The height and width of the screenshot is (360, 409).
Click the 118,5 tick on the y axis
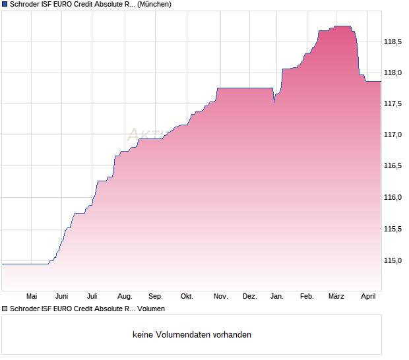[393, 42]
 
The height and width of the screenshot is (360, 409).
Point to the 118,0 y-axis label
[393, 73]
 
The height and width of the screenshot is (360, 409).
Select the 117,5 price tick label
[393, 104]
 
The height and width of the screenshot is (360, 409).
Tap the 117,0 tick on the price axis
[393, 135]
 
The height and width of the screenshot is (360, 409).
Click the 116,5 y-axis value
[393, 166]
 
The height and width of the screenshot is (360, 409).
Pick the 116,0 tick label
[393, 198]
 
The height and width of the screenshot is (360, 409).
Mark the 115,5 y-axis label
[393, 229]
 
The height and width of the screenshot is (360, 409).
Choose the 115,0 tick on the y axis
[393, 260]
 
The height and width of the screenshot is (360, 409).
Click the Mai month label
[31, 297]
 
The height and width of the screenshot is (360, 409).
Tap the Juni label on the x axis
[62, 297]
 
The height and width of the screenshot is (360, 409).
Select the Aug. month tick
[124, 297]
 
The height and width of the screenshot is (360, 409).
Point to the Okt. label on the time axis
[187, 297]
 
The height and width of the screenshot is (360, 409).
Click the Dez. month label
[249, 297]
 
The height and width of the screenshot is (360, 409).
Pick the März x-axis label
[336, 297]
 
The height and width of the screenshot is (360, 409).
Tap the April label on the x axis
[368, 297]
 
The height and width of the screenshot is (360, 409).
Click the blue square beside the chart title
[5, 4]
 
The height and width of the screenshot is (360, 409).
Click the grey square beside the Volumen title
[5, 309]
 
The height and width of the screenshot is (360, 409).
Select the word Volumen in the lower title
[151, 309]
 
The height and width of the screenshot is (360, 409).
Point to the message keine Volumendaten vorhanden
[192, 335]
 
